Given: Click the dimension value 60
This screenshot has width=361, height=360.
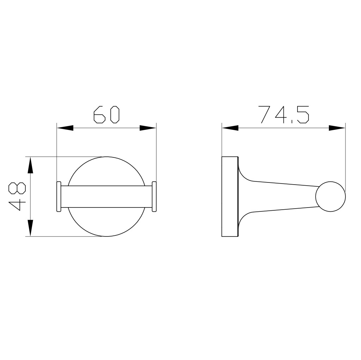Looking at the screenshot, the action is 106,115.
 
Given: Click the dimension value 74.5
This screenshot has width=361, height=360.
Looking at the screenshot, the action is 283,115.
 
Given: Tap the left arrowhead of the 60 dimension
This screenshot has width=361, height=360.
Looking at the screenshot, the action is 65,128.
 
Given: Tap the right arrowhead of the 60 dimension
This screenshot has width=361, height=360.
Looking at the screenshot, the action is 148,128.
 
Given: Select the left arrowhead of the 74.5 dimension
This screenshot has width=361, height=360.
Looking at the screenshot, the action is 230,128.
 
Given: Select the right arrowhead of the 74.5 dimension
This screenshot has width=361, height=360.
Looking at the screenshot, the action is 337,128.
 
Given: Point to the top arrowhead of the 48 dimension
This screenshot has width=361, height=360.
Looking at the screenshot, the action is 30,165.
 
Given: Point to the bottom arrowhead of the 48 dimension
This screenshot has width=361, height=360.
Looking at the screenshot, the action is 30,228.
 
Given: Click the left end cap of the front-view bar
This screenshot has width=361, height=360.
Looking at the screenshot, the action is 59,197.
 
